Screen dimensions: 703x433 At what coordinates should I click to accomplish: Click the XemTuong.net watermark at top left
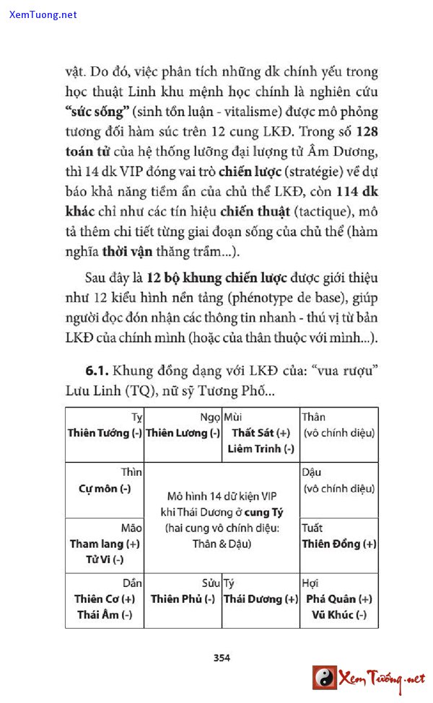pos(43,14)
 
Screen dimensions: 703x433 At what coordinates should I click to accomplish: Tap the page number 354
pos(222,657)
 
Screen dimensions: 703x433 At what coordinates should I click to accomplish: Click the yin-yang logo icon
pos(325,678)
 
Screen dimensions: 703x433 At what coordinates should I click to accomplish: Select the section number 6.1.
pos(96,371)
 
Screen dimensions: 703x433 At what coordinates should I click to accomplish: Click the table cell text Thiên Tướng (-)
pos(105,433)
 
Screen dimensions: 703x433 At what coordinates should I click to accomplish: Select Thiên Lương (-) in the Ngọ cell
pos(183,433)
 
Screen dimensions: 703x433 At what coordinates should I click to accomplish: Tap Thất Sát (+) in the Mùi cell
pos(261,433)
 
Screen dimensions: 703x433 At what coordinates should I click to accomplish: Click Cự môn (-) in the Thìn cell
pos(105,488)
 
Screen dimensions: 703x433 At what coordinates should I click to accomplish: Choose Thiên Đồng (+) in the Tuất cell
pos(339,544)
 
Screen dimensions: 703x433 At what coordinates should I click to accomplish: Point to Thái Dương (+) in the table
pos(261,598)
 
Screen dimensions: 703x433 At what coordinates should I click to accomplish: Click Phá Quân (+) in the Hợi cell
pos(339,598)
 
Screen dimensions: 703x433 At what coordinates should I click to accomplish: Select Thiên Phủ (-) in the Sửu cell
pos(183,598)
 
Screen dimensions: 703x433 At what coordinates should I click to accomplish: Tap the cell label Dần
pos(132,583)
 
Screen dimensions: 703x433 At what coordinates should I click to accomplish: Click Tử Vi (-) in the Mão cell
pos(105,560)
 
